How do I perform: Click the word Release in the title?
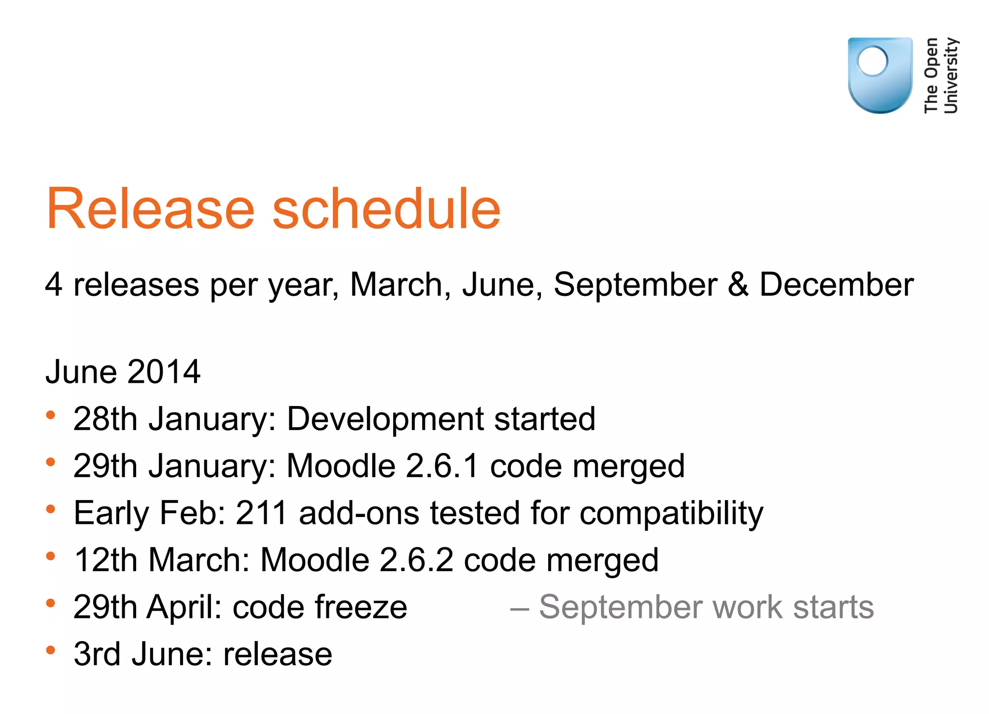150,209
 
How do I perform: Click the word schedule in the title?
386,209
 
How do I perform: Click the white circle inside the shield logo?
873,61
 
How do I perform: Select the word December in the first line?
836,284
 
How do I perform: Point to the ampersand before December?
738,284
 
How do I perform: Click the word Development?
384,419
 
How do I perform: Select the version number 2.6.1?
442,466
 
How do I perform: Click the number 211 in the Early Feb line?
262,513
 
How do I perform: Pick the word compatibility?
671,514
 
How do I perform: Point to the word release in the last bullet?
278,654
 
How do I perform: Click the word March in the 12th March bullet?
198,560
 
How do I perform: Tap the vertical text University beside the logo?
950,75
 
